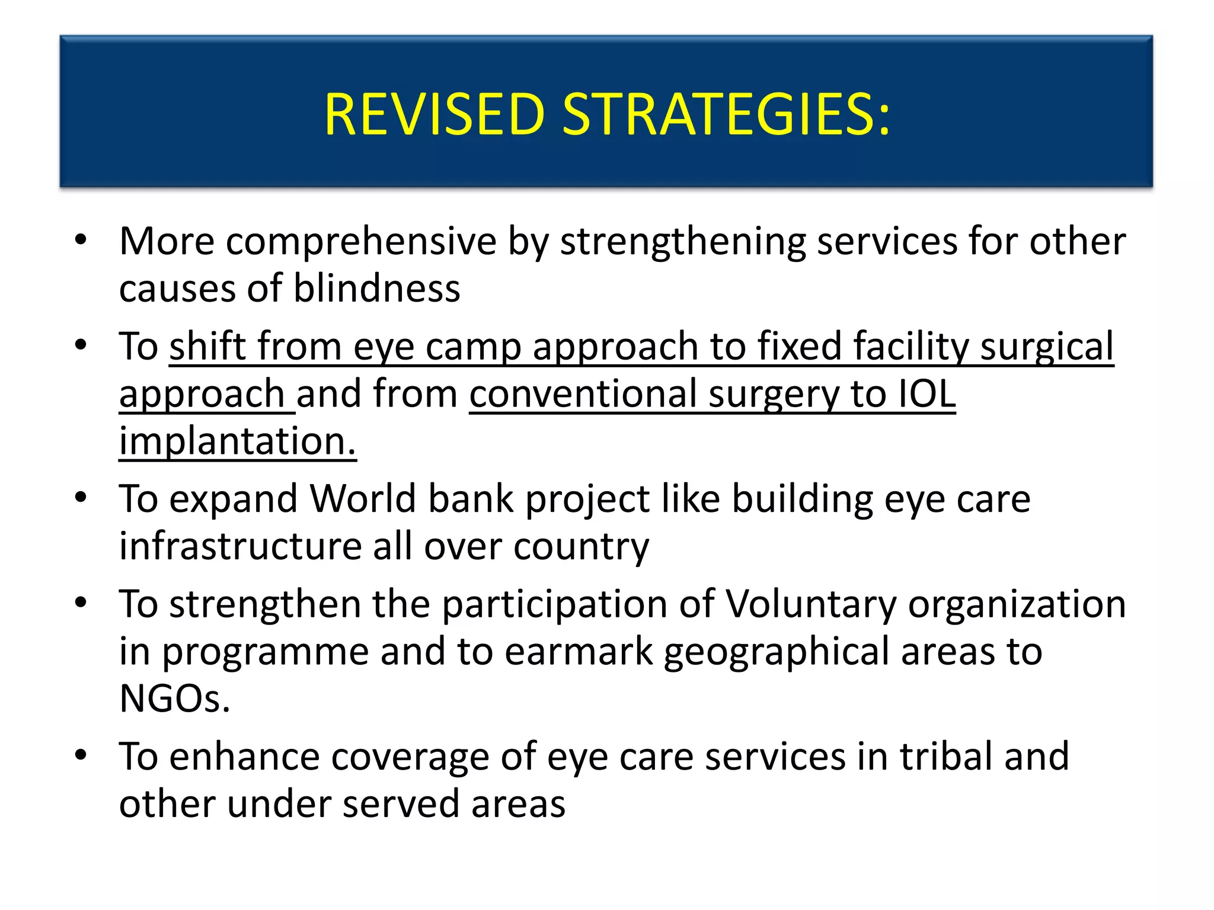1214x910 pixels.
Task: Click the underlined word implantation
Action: click(x=237, y=441)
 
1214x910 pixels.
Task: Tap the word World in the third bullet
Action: click(x=363, y=499)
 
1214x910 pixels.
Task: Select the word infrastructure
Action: click(x=240, y=546)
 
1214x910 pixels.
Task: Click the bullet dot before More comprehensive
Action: click(x=81, y=241)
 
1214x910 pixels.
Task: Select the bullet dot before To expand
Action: click(x=81, y=498)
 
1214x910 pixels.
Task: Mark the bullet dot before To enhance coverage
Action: click(x=81, y=755)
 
